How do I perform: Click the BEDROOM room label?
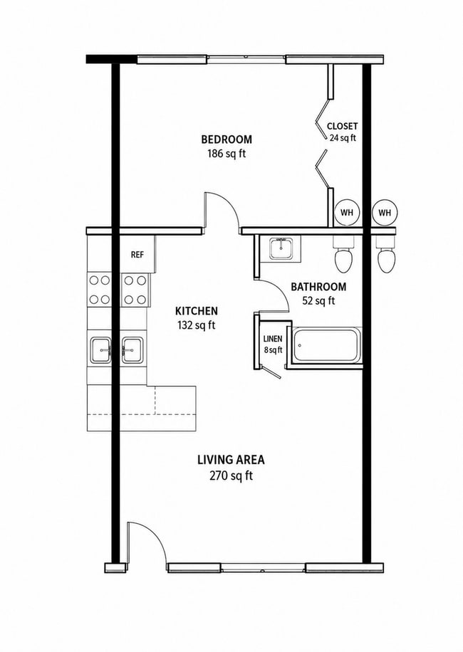pos(227,139)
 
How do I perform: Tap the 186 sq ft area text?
pos(227,154)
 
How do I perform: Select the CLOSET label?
pos(342,126)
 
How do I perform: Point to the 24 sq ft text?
pos(343,138)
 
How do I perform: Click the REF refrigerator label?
pos(137,255)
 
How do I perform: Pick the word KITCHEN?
pos(197,311)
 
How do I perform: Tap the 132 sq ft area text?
pos(197,325)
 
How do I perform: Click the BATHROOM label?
pos(318,287)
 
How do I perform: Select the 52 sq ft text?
pos(318,300)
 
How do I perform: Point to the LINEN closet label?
pos(273,339)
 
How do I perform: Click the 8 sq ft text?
pos(273,350)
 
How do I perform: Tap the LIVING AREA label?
pos(231,460)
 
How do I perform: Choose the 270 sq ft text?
pos(231,475)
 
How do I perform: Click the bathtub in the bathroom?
pos(326,345)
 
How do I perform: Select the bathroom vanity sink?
pos(283,248)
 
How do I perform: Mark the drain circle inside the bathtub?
pos(299,345)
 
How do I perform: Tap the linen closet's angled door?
pos(271,372)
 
